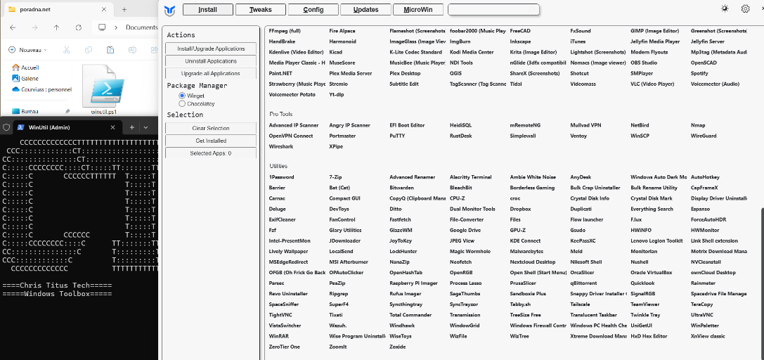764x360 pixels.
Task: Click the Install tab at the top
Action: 207,10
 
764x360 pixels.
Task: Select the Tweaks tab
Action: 260,10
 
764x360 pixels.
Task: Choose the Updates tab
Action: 365,10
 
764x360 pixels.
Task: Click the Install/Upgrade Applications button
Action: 211,49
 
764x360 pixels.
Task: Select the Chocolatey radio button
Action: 183,103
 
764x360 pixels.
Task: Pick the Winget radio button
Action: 183,95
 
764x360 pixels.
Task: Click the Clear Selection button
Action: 211,128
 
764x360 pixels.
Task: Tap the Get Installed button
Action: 211,141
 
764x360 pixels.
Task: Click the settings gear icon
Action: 745,9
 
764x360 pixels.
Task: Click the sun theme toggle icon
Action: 725,9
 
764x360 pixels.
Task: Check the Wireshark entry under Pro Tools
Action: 281,146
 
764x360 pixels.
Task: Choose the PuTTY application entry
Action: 397,136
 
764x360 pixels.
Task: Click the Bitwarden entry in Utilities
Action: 401,188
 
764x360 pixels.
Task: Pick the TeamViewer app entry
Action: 645,304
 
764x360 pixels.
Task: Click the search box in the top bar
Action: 493,10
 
